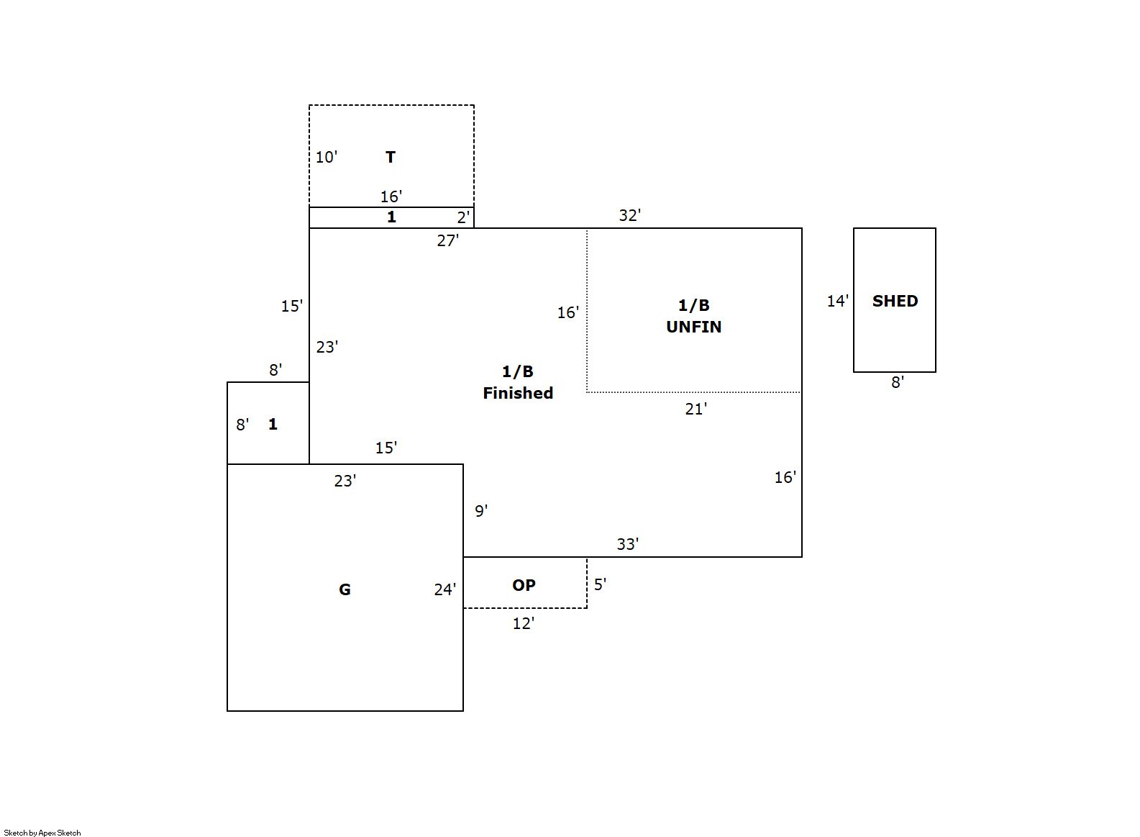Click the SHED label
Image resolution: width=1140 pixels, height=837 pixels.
pyautogui.click(x=895, y=301)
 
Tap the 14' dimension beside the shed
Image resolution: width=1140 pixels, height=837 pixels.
pyautogui.click(x=837, y=301)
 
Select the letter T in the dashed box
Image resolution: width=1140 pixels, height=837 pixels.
pyautogui.click(x=391, y=157)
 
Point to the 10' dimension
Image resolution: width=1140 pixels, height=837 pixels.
pyautogui.click(x=327, y=157)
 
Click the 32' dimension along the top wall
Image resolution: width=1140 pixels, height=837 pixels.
pyautogui.click(x=629, y=215)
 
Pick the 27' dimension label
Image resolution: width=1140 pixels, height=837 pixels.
pyautogui.click(x=447, y=240)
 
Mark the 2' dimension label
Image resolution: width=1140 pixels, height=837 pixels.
pyautogui.click(x=463, y=217)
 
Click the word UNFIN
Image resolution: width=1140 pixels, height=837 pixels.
pyautogui.click(x=693, y=327)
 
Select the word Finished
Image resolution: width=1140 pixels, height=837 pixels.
pyautogui.click(x=518, y=393)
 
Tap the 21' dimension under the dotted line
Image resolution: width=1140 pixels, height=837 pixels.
pyautogui.click(x=696, y=409)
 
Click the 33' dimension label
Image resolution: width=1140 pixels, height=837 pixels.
pyautogui.click(x=627, y=544)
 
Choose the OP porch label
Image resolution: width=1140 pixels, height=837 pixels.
pyautogui.click(x=524, y=585)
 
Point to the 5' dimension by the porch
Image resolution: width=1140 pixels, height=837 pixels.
pyautogui.click(x=600, y=584)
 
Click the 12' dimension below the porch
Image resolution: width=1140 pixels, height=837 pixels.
pyautogui.click(x=523, y=624)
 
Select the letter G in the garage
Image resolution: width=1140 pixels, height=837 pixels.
pyautogui.click(x=345, y=589)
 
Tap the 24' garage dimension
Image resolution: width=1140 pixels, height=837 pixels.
pyautogui.click(x=444, y=589)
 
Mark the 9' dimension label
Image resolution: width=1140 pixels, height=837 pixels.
pyautogui.click(x=481, y=511)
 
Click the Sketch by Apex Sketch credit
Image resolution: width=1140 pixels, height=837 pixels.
pyautogui.click(x=42, y=833)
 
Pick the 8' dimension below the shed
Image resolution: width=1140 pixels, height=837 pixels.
pyautogui.click(x=898, y=382)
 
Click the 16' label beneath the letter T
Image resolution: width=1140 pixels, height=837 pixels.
pyautogui.click(x=391, y=196)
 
